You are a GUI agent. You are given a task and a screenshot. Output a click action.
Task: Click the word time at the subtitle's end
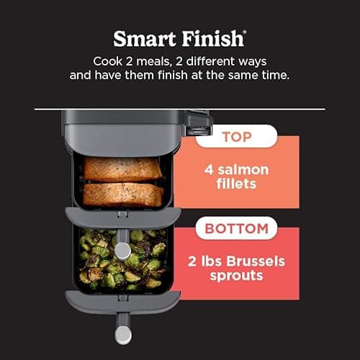270,75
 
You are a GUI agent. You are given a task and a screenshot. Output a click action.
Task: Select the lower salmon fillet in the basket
122,194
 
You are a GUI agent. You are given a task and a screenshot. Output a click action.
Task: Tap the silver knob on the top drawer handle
123,250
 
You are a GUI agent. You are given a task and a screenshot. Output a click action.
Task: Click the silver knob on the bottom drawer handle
123,336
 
